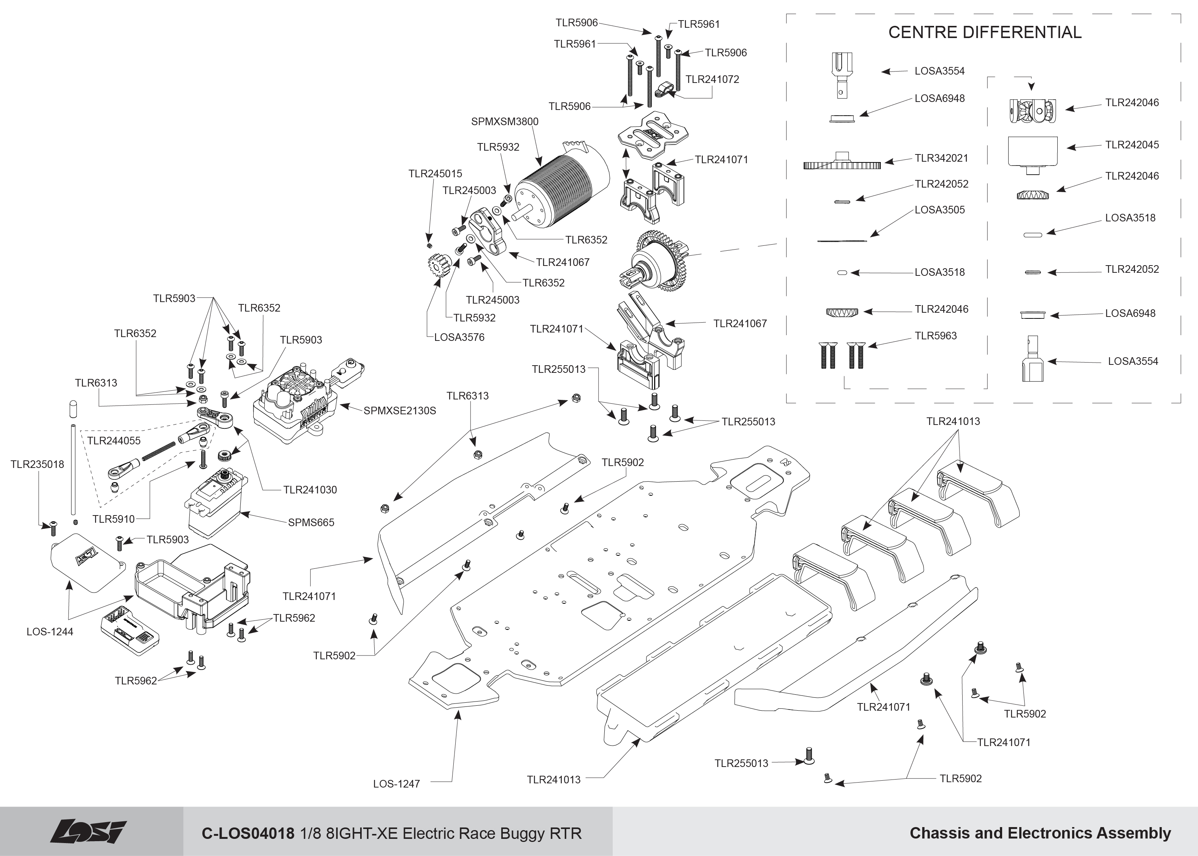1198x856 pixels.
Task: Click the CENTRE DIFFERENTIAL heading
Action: [985, 32]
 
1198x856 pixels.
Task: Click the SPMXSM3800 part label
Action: [505, 122]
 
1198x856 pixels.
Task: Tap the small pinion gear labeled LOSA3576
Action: [439, 267]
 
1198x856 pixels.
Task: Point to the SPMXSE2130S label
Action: [400, 410]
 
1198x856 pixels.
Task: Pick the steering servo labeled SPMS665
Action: [216, 503]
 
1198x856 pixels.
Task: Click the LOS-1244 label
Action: [50, 632]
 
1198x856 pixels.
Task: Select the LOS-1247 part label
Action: [397, 784]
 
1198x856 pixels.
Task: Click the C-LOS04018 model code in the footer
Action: [248, 833]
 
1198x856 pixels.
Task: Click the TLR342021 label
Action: [941, 158]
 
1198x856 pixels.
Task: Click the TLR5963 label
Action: [936, 336]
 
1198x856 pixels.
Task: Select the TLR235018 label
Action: [37, 465]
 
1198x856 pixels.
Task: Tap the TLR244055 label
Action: [114, 441]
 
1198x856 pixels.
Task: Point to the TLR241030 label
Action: [310, 490]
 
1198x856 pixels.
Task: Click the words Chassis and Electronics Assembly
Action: [1041, 833]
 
